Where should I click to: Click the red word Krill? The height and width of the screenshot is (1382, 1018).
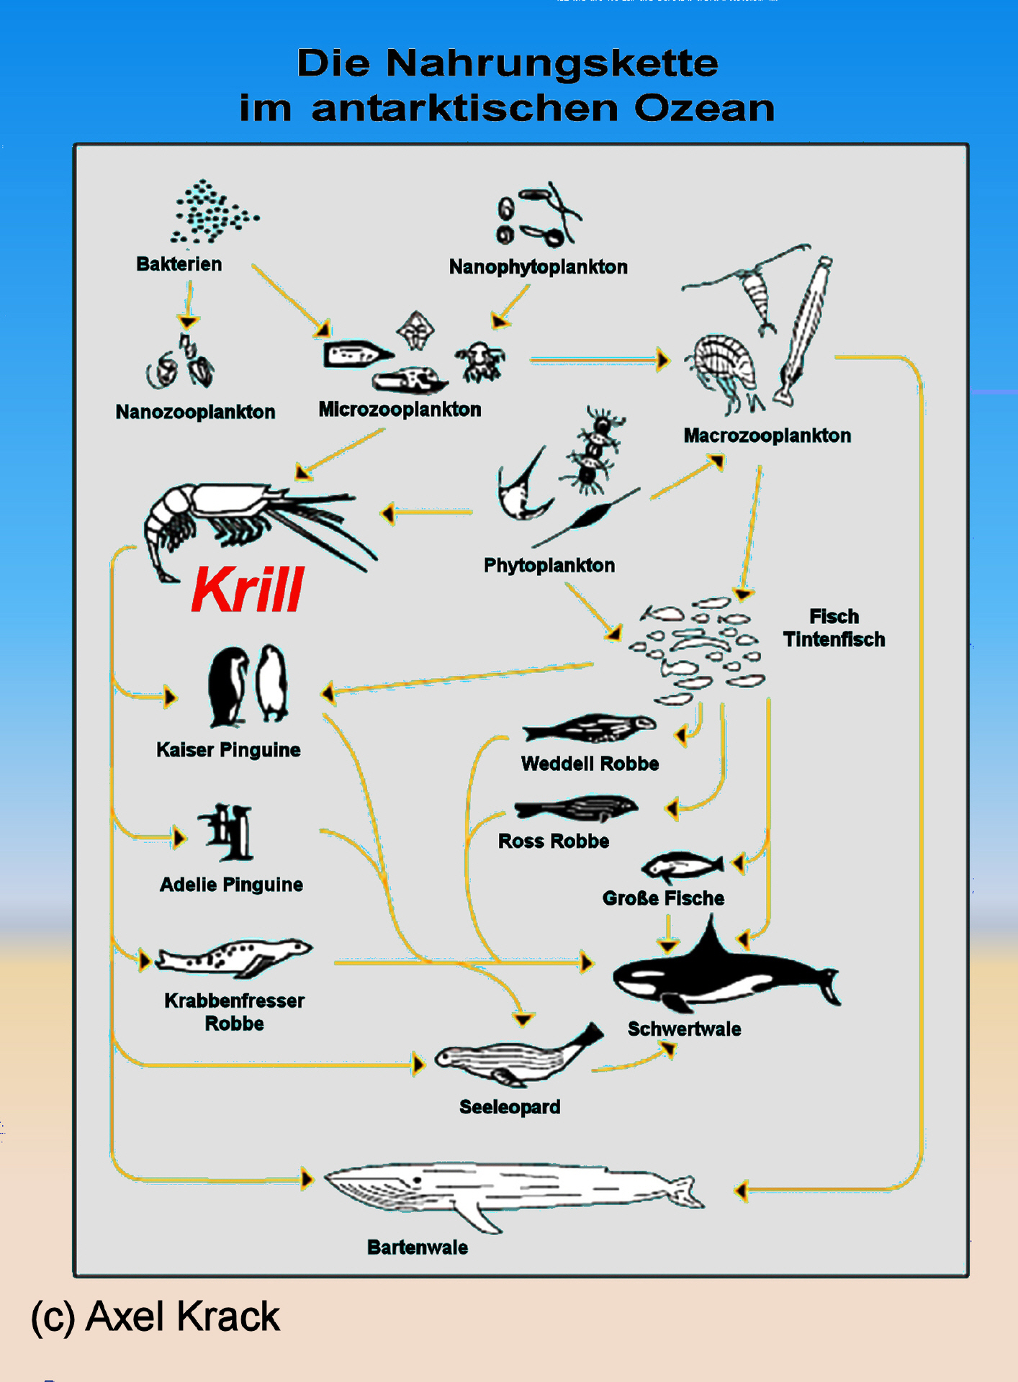[x=248, y=590]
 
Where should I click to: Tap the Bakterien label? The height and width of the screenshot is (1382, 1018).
[x=179, y=264]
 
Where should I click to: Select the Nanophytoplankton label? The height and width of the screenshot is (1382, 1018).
[x=538, y=267]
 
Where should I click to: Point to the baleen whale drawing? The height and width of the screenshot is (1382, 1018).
[x=504, y=1191]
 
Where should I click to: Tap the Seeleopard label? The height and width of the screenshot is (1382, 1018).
[x=510, y=1107]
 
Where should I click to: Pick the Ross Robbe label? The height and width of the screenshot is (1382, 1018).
[x=554, y=841]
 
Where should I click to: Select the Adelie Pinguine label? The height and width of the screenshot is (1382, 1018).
[x=231, y=885]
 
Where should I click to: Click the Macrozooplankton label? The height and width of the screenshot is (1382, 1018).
[x=767, y=436]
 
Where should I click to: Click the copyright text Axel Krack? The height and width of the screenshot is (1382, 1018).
[x=155, y=1316]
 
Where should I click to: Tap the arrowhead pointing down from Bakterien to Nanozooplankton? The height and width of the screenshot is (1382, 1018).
[x=189, y=321]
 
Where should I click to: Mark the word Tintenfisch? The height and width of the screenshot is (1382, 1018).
[x=834, y=640]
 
